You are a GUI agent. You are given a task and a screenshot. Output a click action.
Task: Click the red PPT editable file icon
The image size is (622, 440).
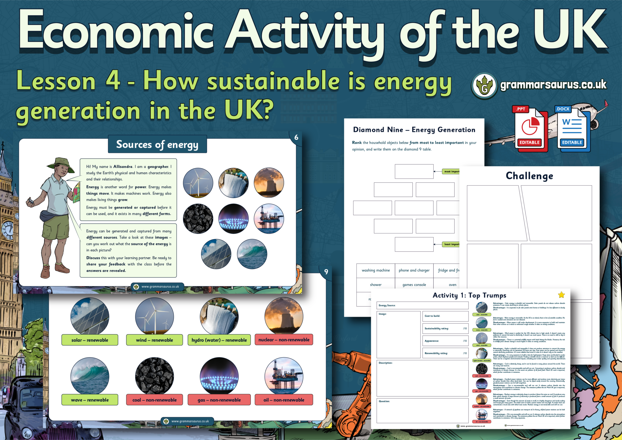pyautogui.click(x=530, y=129)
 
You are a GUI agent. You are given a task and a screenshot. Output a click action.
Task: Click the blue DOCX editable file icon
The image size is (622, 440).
pyautogui.click(x=572, y=129)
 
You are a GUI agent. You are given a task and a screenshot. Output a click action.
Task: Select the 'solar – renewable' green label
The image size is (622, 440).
pyautogui.click(x=90, y=340)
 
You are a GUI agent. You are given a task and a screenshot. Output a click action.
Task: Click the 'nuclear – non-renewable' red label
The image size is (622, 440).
pyautogui.click(x=284, y=340)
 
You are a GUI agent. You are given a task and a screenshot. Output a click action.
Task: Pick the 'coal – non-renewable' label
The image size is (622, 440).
pyautogui.click(x=154, y=400)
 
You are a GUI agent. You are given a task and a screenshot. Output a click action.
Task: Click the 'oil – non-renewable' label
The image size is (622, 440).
pyautogui.click(x=284, y=400)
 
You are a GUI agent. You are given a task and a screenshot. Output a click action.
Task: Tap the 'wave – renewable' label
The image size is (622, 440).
pyautogui.click(x=90, y=400)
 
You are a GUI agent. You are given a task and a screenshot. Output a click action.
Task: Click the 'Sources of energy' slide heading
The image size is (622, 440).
pyautogui.click(x=157, y=144)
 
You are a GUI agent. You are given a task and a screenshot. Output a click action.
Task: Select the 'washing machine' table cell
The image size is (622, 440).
pyautogui.click(x=376, y=270)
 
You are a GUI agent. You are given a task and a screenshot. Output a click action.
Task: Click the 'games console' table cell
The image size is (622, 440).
pyautogui.click(x=414, y=285)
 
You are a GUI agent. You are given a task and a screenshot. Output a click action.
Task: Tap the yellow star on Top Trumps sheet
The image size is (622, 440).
pyautogui.click(x=561, y=295)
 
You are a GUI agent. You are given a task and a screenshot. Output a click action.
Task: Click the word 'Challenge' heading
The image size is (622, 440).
pyautogui.click(x=529, y=176)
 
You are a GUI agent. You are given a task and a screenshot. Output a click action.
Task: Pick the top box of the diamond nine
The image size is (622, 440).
pyautogui.click(x=414, y=171)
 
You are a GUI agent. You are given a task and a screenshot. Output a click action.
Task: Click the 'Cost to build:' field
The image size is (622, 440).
pyautogui.click(x=445, y=316)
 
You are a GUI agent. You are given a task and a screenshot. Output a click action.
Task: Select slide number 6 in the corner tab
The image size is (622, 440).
pyautogui.click(x=296, y=138)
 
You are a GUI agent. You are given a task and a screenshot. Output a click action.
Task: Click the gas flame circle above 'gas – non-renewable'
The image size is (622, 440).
pyautogui.click(x=219, y=376)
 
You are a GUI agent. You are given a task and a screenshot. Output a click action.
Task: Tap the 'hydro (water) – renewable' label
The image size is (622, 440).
pyautogui.click(x=219, y=340)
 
